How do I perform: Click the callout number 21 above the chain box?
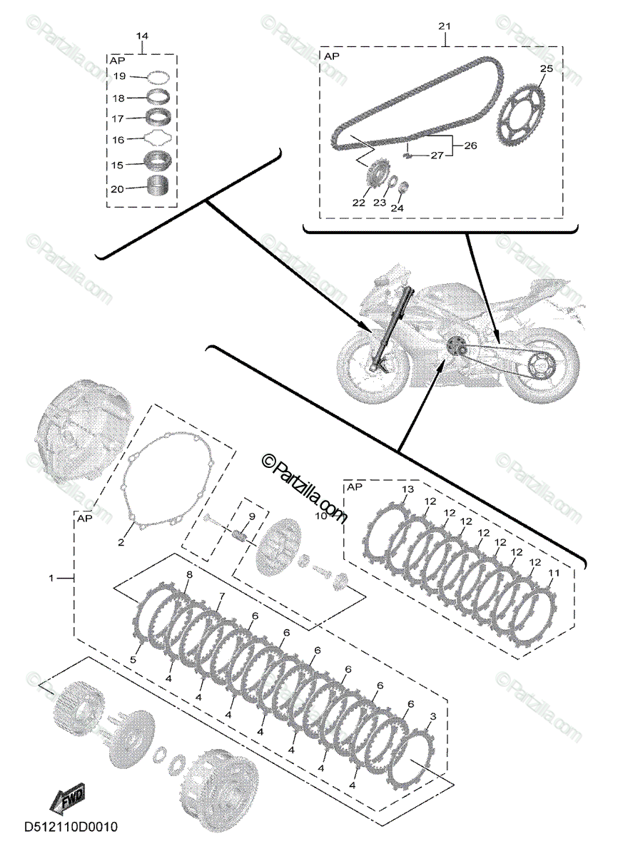click(445, 26)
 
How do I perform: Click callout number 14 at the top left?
click(142, 36)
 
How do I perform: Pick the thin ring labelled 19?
click(158, 76)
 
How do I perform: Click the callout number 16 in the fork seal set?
click(119, 141)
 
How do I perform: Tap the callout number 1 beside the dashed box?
click(51, 577)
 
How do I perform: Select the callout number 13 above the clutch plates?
click(407, 489)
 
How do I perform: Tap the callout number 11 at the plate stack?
click(553, 573)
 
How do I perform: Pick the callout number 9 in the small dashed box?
click(251, 516)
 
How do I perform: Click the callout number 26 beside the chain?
click(470, 146)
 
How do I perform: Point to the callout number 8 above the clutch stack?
click(189, 575)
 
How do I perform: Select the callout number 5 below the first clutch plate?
click(133, 660)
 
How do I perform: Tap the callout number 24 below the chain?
click(397, 208)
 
